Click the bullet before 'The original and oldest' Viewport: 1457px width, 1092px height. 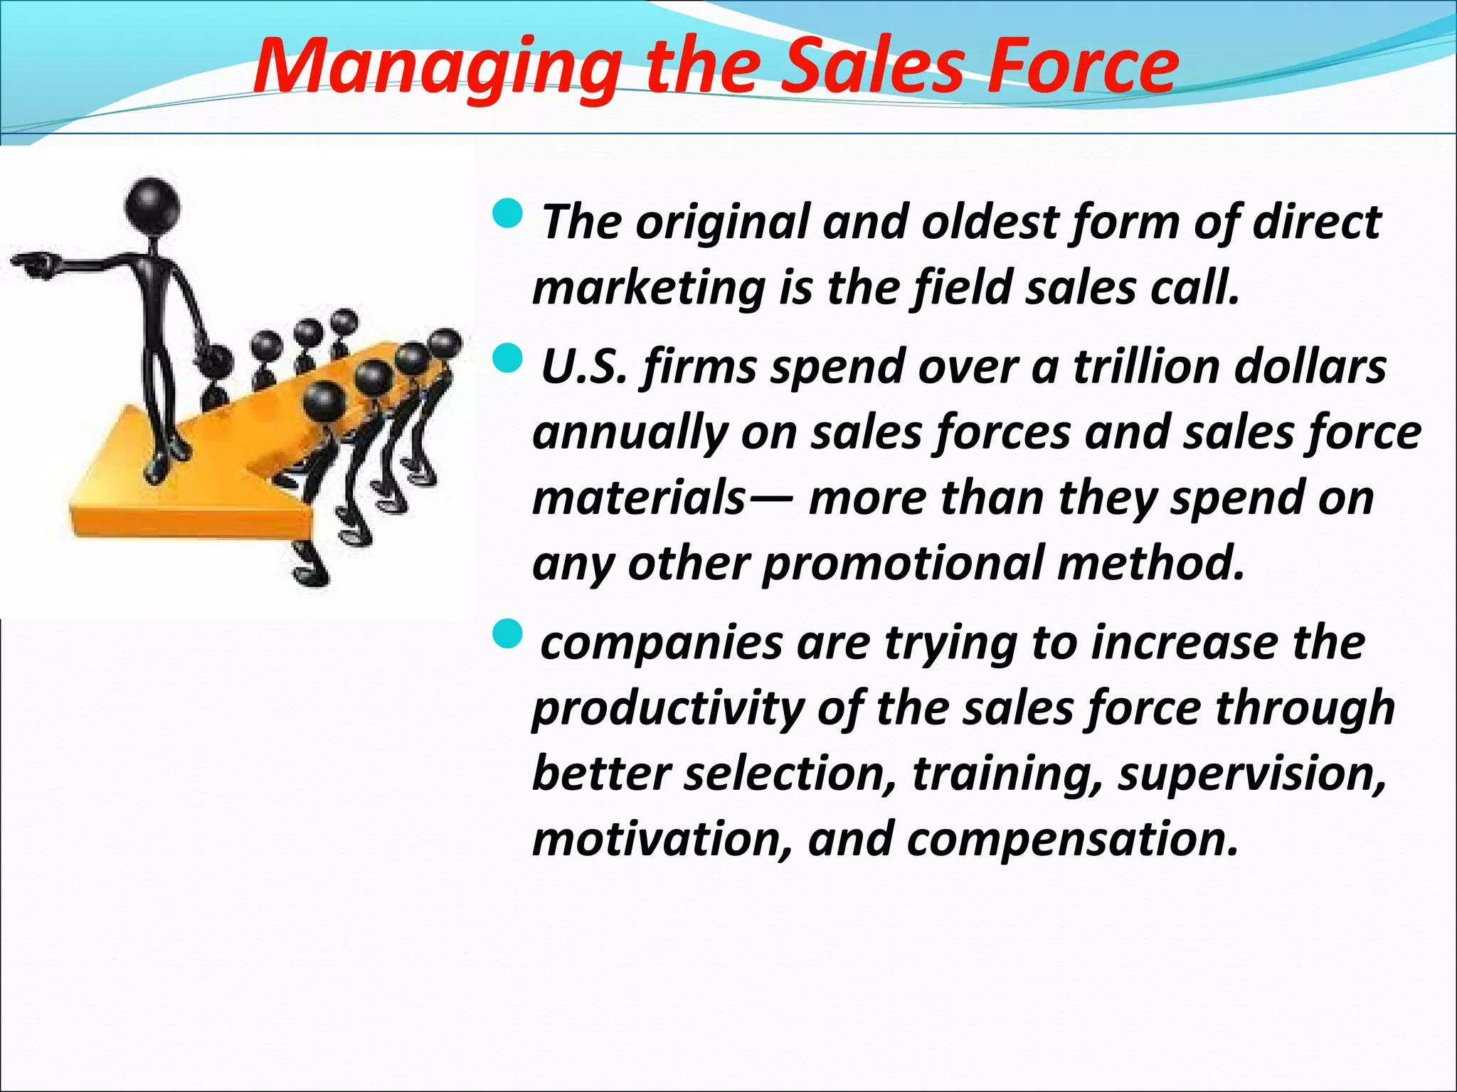pos(508,214)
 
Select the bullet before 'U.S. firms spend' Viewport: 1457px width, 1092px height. pos(508,358)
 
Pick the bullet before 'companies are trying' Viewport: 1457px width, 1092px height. pos(508,633)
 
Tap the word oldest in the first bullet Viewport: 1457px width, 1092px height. pos(990,222)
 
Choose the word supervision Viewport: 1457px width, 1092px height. pos(1252,773)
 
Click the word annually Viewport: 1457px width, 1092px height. pos(630,433)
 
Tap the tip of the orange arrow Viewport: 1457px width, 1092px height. pos(78,508)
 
